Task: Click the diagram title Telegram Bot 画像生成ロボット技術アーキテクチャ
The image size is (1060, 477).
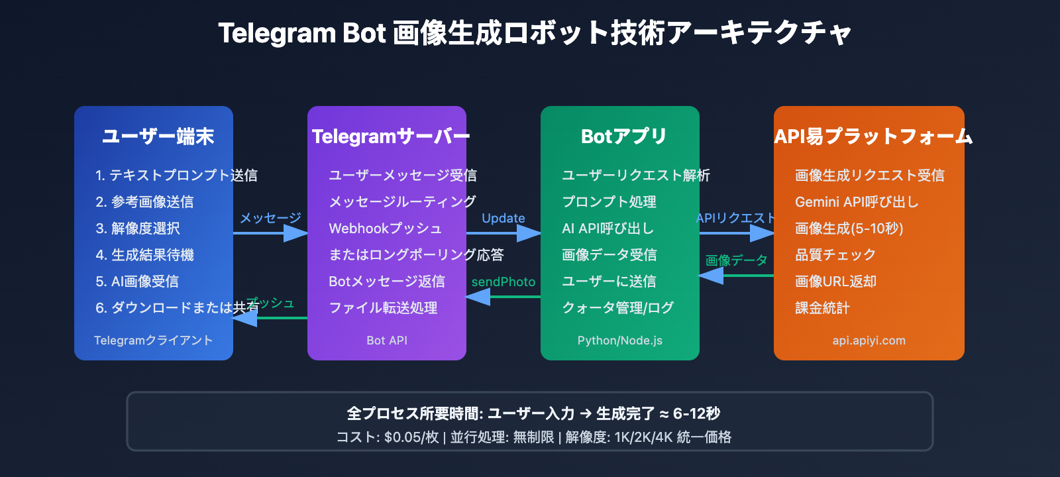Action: [534, 33]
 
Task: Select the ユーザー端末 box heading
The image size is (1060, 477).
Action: [158, 136]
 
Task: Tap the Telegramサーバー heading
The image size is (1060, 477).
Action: [390, 136]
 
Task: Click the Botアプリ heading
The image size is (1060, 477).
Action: [623, 136]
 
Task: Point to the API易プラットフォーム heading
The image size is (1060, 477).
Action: [873, 136]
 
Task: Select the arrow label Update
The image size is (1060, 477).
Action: [503, 218]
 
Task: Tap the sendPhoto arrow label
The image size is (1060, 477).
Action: [503, 282]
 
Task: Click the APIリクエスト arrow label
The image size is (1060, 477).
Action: [735, 218]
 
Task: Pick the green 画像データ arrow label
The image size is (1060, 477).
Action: [736, 260]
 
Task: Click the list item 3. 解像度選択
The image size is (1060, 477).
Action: [138, 229]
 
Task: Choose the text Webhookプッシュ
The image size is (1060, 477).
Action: [385, 229]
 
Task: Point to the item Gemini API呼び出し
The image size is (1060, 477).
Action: [857, 202]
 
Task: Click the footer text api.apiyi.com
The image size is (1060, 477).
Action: [869, 341]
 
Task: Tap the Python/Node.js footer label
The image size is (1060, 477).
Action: [619, 341]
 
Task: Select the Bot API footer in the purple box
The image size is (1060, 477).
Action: [387, 341]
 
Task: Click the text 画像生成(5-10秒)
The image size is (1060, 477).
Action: [849, 229]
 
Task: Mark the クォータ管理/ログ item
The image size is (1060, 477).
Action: [617, 308]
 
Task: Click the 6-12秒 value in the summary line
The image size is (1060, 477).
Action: [696, 413]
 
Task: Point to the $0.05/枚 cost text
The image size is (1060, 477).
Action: [411, 437]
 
